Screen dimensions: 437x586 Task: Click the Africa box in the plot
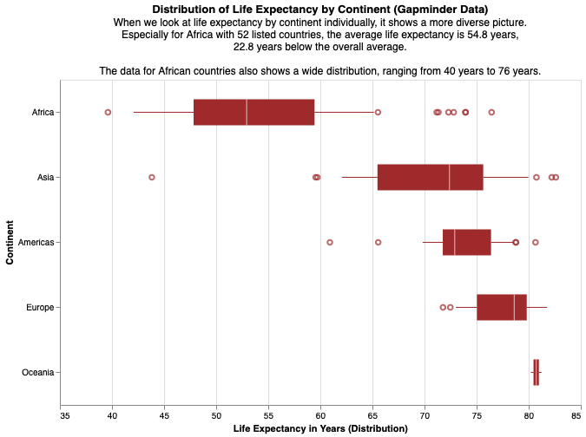pyautogui.click(x=278, y=113)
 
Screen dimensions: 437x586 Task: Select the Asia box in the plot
pyautogui.click(x=430, y=177)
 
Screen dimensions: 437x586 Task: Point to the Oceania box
pyautogui.click(x=536, y=372)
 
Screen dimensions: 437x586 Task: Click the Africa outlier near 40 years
pyautogui.click(x=108, y=113)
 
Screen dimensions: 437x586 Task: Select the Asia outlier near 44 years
pyautogui.click(x=152, y=177)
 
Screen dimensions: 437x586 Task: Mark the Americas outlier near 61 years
pyautogui.click(x=330, y=242)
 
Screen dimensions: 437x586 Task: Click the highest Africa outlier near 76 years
pyautogui.click(x=491, y=113)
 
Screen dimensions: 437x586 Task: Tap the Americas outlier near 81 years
pyautogui.click(x=536, y=242)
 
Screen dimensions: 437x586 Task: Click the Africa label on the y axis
pyautogui.click(x=42, y=113)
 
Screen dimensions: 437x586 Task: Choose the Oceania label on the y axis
pyautogui.click(x=38, y=372)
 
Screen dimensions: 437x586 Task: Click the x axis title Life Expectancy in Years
pyautogui.click(x=320, y=429)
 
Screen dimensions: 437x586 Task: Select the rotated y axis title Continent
pyautogui.click(x=10, y=242)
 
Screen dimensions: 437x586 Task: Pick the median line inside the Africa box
pyautogui.click(x=247, y=113)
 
